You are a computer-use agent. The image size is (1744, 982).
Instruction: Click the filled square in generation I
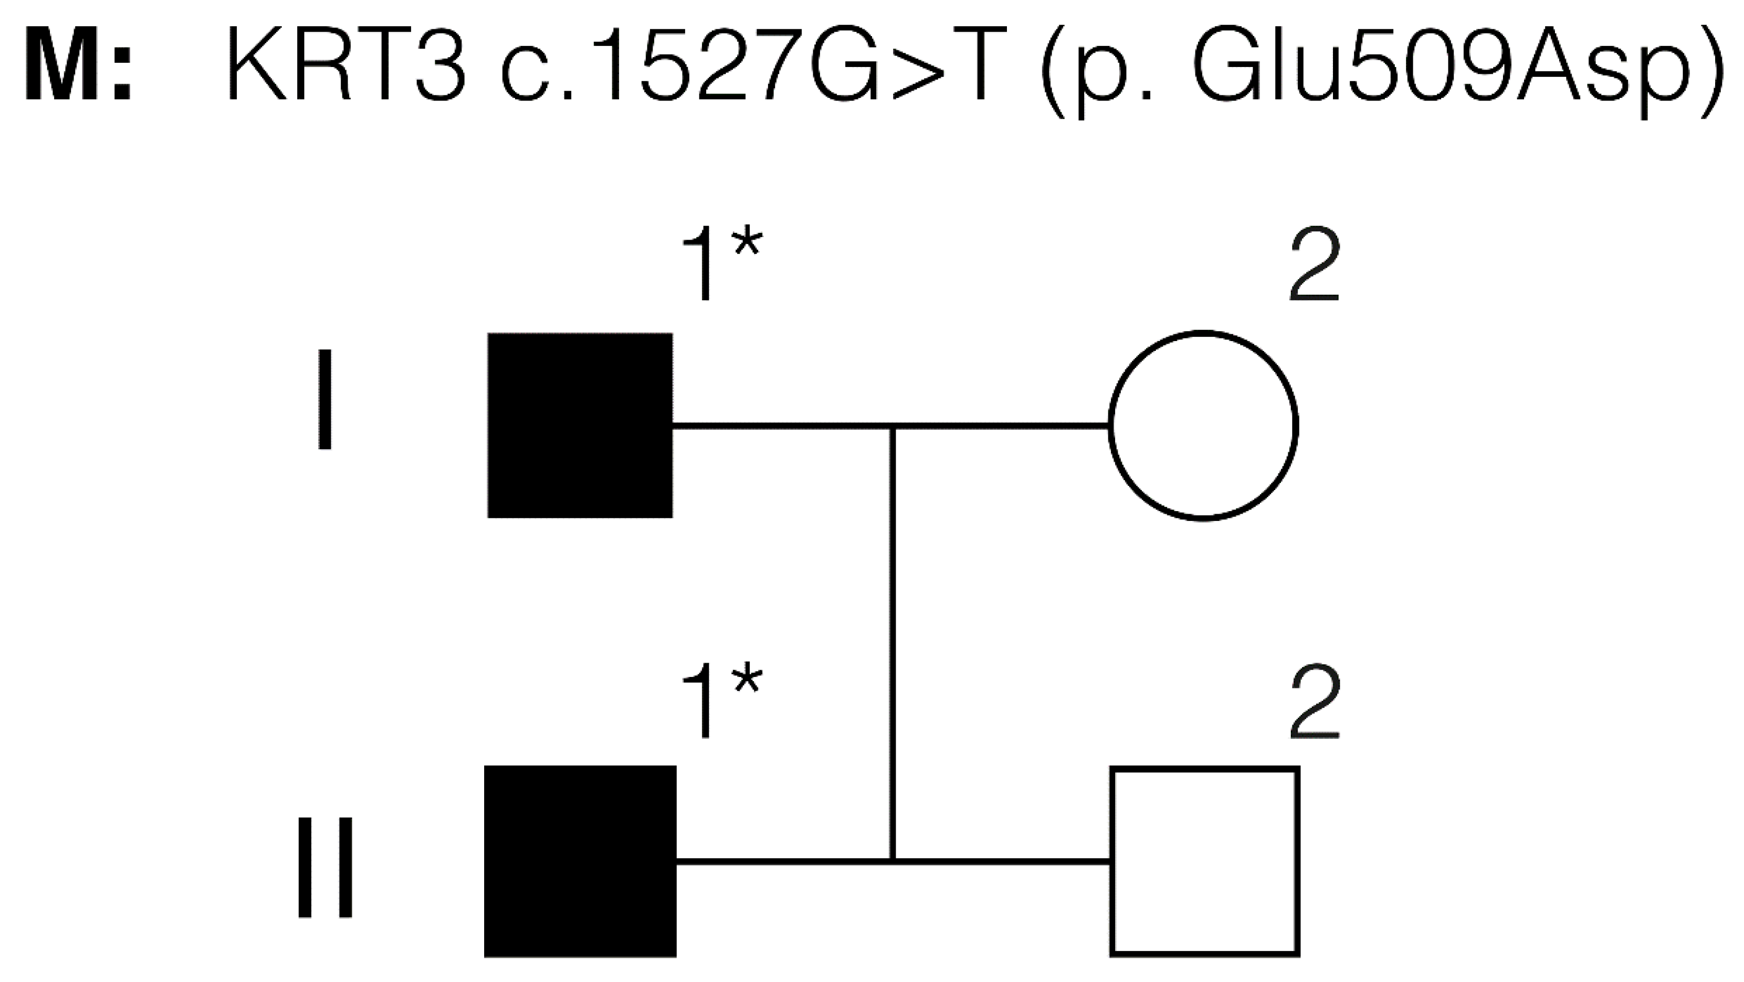pyautogui.click(x=580, y=425)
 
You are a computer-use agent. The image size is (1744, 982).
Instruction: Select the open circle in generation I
pyautogui.click(x=1203, y=425)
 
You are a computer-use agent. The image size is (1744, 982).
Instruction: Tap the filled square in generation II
pyautogui.click(x=580, y=861)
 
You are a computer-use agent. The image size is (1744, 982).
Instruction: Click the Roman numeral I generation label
pyautogui.click(x=325, y=400)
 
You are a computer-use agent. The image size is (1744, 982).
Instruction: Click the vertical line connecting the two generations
pyautogui.click(x=893, y=644)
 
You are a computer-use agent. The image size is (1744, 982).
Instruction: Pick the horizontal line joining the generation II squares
pyautogui.click(x=1002, y=861)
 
